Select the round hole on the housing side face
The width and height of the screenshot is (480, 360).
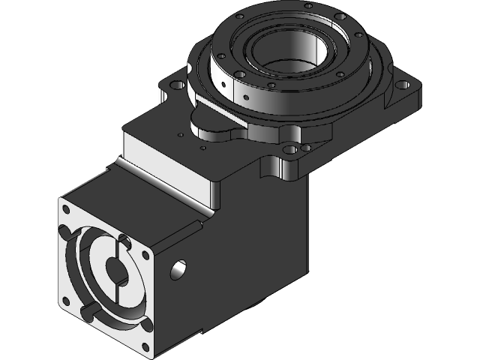point(178,268)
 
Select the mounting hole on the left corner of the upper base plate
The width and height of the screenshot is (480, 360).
point(178,85)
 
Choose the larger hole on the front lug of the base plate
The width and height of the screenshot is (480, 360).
point(289,151)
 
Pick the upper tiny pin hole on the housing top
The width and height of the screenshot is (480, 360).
point(179,135)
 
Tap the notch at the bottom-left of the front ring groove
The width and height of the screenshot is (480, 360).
point(91,308)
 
